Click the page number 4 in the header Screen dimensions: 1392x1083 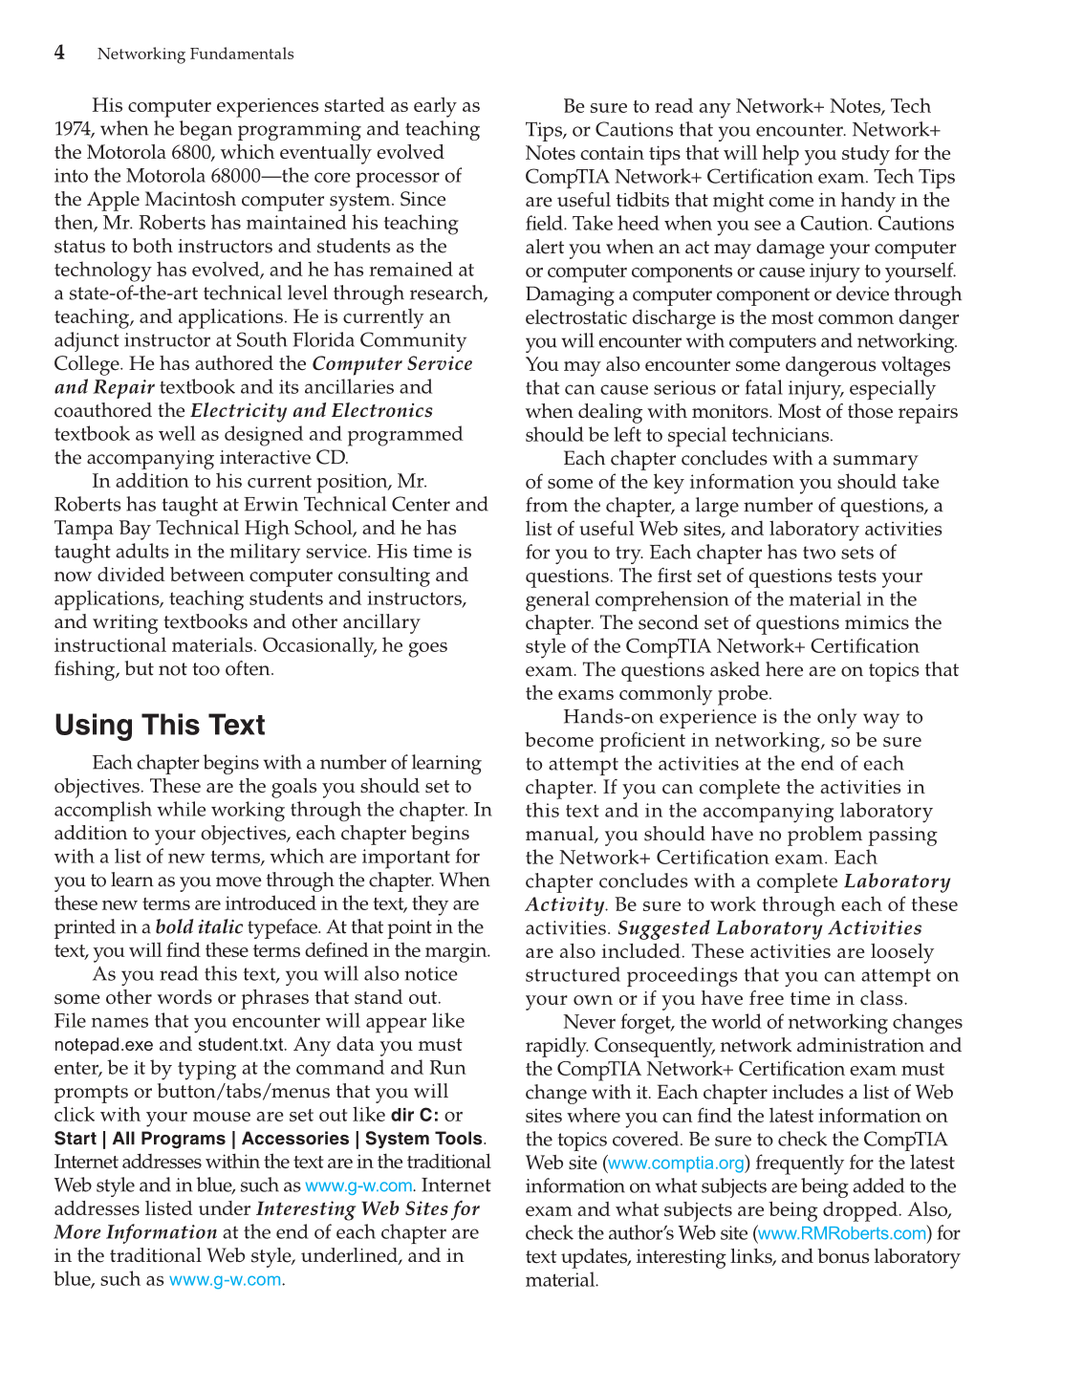59,53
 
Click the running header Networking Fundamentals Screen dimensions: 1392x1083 195,54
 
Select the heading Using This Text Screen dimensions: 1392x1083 160,725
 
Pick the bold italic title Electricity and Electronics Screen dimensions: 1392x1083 312,411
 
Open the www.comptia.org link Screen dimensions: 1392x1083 676,1164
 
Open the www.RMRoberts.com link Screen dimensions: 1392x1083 842,1233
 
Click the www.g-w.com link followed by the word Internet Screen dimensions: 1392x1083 358,1185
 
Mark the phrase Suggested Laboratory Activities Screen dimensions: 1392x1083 769,928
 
